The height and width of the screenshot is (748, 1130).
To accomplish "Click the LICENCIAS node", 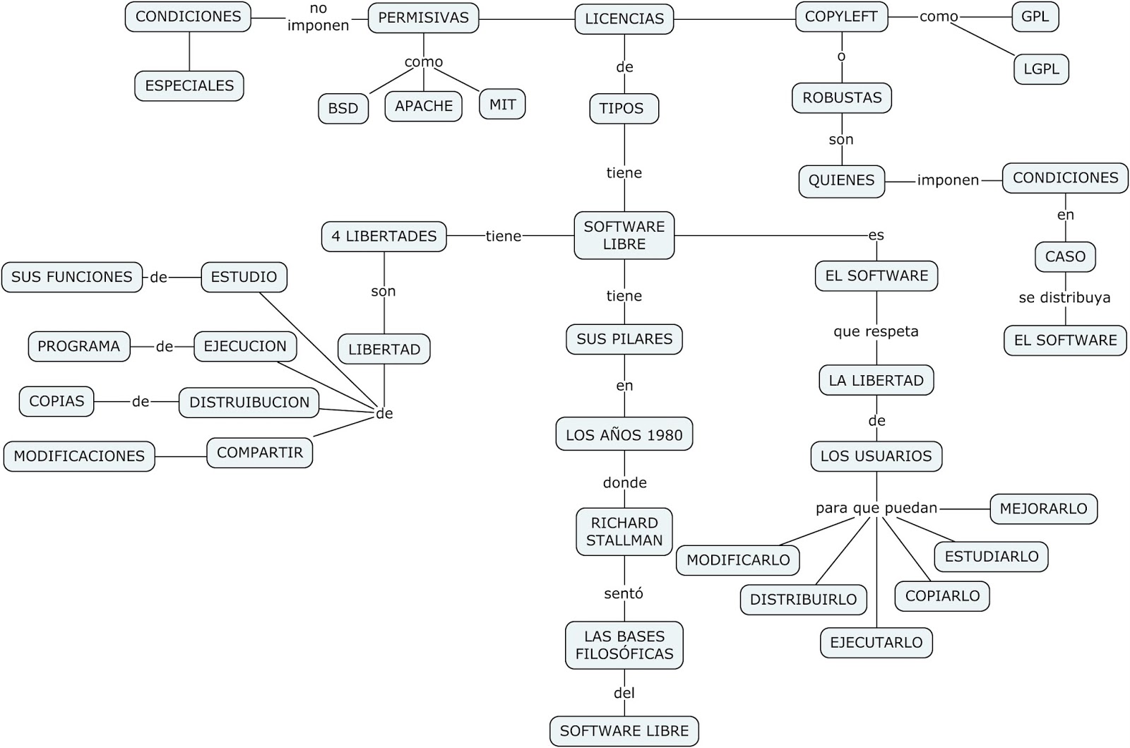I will tap(624, 19).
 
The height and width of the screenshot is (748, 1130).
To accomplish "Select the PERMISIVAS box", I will tap(423, 18).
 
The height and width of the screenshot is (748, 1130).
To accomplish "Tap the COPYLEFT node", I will tap(841, 17).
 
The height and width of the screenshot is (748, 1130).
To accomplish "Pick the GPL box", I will tap(1035, 17).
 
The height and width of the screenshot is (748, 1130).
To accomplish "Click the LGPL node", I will tap(1041, 69).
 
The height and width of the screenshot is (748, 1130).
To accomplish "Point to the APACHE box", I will tap(424, 106).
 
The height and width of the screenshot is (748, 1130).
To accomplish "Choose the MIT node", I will tap(502, 105).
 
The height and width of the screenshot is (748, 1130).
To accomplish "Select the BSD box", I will tap(343, 109).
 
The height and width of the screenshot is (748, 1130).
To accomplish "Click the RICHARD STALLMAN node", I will tap(624, 532).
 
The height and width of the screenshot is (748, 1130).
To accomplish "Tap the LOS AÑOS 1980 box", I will tap(624, 435).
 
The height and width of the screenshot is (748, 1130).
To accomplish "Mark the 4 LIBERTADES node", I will tap(384, 237).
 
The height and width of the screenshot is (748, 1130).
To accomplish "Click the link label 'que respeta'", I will tap(876, 331).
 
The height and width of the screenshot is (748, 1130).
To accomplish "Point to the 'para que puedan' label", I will tap(876, 508).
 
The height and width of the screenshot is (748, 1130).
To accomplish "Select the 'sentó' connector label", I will tap(624, 594).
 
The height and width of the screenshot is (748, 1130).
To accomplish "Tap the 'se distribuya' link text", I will tap(1064, 298).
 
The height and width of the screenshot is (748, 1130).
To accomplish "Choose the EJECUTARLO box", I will tap(876, 643).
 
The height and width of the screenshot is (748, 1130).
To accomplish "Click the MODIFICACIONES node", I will tap(79, 456).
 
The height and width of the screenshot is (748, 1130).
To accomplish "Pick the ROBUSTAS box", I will tap(842, 98).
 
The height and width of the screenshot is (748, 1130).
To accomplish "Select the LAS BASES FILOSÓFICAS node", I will tap(624, 646).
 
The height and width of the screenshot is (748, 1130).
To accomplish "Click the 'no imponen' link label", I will tap(319, 18).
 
